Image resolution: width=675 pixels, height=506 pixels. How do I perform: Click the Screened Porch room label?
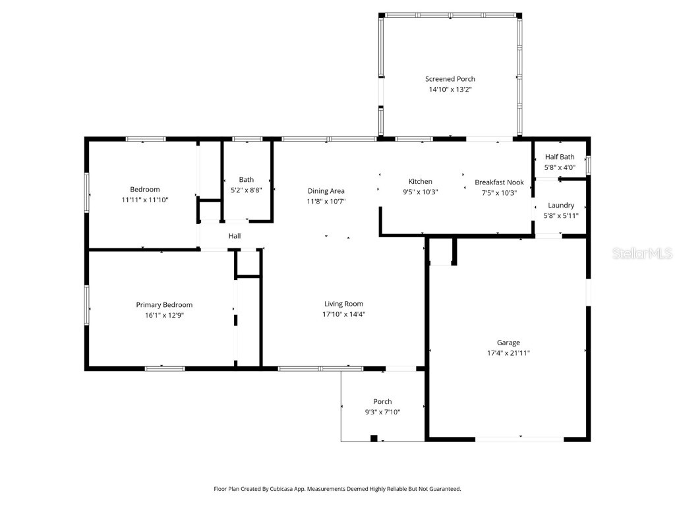click(x=450, y=79)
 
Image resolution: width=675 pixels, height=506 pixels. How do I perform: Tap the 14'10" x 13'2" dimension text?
click(x=450, y=90)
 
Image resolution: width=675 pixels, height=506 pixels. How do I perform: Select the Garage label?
click(x=508, y=343)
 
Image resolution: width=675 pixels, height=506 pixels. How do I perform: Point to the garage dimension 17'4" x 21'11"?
click(x=508, y=353)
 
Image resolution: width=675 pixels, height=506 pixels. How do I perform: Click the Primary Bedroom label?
click(x=164, y=305)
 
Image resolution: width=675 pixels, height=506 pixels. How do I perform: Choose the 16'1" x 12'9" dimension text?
click(x=164, y=315)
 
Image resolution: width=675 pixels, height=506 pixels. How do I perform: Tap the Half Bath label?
click(x=560, y=157)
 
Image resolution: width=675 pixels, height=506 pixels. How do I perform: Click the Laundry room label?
click(x=561, y=206)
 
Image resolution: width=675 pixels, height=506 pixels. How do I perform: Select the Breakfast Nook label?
click(x=499, y=182)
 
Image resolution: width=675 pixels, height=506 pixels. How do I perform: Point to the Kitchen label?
click(x=421, y=182)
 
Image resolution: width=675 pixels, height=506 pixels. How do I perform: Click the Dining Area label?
click(x=326, y=191)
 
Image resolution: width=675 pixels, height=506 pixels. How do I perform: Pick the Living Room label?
click(x=343, y=304)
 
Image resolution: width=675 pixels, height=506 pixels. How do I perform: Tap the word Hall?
click(x=235, y=236)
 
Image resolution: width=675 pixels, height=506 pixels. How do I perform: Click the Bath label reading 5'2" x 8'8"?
click(x=246, y=190)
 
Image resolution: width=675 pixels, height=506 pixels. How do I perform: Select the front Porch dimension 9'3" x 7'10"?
click(x=382, y=412)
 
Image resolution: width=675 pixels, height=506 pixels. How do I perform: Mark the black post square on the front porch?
click(x=374, y=438)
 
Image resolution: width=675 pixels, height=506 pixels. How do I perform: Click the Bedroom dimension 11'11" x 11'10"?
click(x=145, y=200)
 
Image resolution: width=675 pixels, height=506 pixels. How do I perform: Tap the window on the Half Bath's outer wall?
click(x=589, y=164)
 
